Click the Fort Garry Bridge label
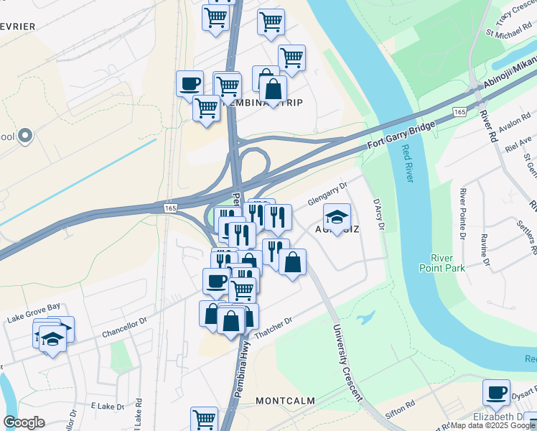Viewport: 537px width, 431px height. tap(401, 136)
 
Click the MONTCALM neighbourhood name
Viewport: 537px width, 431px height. tap(286, 399)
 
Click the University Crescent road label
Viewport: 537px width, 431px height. tap(347, 363)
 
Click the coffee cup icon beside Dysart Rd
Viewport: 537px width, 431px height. tap(496, 392)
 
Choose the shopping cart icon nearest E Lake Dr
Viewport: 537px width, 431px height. tap(205, 418)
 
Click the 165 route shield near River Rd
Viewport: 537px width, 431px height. tap(459, 112)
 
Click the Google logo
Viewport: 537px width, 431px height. tap(24, 422)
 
